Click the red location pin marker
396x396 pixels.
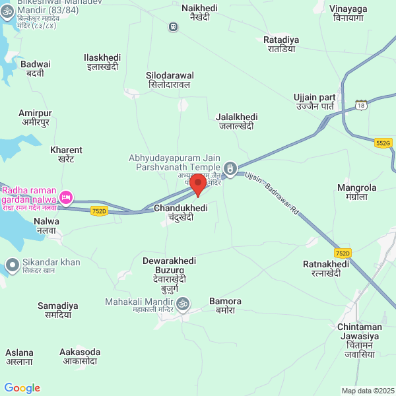pos(197,184)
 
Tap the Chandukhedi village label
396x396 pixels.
pos(180,212)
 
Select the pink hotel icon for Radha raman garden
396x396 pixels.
pos(66,197)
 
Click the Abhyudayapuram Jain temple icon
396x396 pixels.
pos(230,168)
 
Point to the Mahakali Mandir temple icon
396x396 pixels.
pos(185,302)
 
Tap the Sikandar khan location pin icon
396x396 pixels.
pos(12,266)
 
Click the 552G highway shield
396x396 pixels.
pos(383,143)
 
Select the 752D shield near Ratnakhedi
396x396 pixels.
pos(343,253)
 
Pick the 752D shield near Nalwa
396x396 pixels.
pos(99,211)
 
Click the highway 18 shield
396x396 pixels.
pos(360,105)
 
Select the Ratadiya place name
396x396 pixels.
pos(281,44)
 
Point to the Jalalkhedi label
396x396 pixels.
pos(237,121)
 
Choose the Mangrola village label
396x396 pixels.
pos(356,192)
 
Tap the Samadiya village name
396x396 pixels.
pos(58,310)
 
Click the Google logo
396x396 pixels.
pos(22,388)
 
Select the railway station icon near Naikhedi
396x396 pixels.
pos(173,26)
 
